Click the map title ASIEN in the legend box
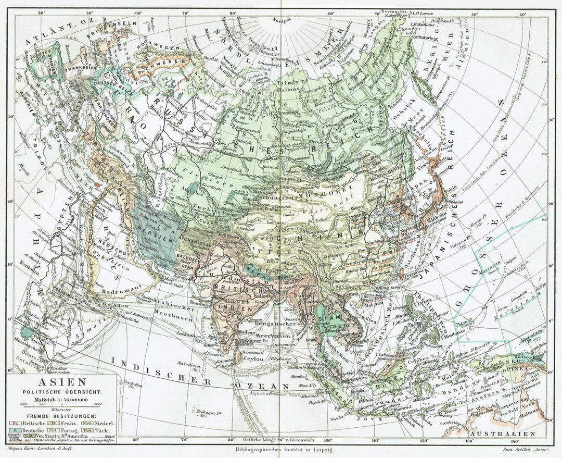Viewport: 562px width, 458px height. (x=61, y=382)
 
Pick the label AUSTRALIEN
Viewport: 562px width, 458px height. (x=502, y=434)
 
